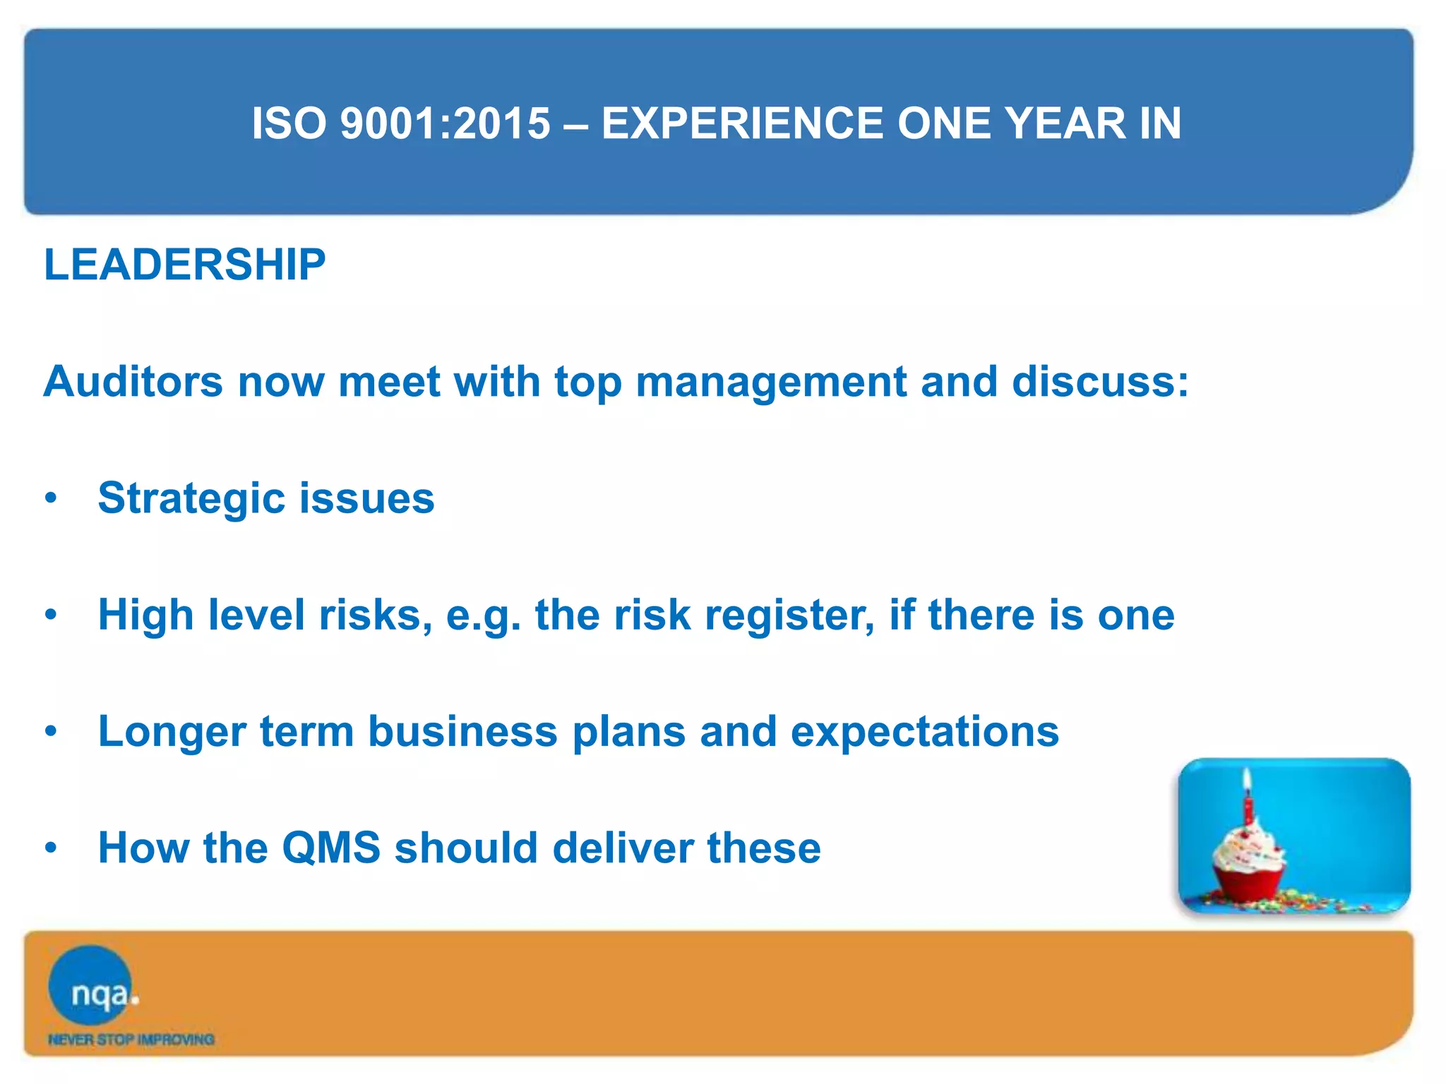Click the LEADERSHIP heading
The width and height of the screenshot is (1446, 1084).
[184, 265]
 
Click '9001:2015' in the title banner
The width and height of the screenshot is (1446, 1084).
[445, 124]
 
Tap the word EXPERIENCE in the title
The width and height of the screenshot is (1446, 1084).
[741, 124]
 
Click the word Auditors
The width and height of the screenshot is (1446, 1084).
[133, 382]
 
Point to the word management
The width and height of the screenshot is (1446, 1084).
[770, 382]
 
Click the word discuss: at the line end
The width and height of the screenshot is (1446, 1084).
[1100, 382]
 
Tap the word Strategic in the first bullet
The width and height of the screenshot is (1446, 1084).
[191, 499]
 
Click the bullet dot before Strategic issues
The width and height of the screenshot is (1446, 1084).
[50, 498]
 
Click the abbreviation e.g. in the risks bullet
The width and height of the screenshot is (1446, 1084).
[483, 615]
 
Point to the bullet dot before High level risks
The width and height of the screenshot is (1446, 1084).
[50, 615]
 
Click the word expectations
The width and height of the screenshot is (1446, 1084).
[924, 732]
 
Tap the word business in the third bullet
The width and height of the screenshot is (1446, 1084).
[462, 732]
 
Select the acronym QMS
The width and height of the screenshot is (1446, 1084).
[331, 848]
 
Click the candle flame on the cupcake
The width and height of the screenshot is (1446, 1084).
[1248, 779]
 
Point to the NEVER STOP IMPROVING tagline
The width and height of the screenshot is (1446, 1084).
[131, 1040]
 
